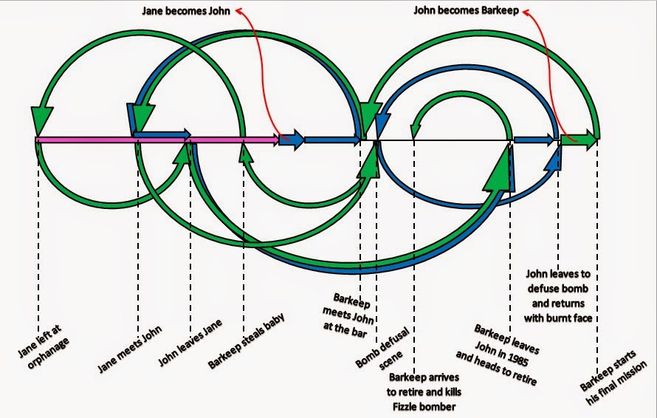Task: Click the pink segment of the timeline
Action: (148, 139)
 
